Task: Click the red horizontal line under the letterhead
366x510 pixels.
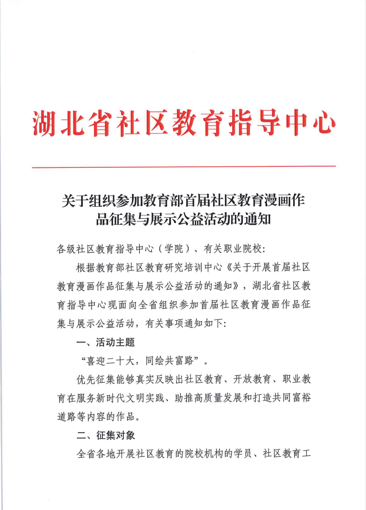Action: pos(183,166)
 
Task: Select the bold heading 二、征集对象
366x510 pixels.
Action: pos(106,435)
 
